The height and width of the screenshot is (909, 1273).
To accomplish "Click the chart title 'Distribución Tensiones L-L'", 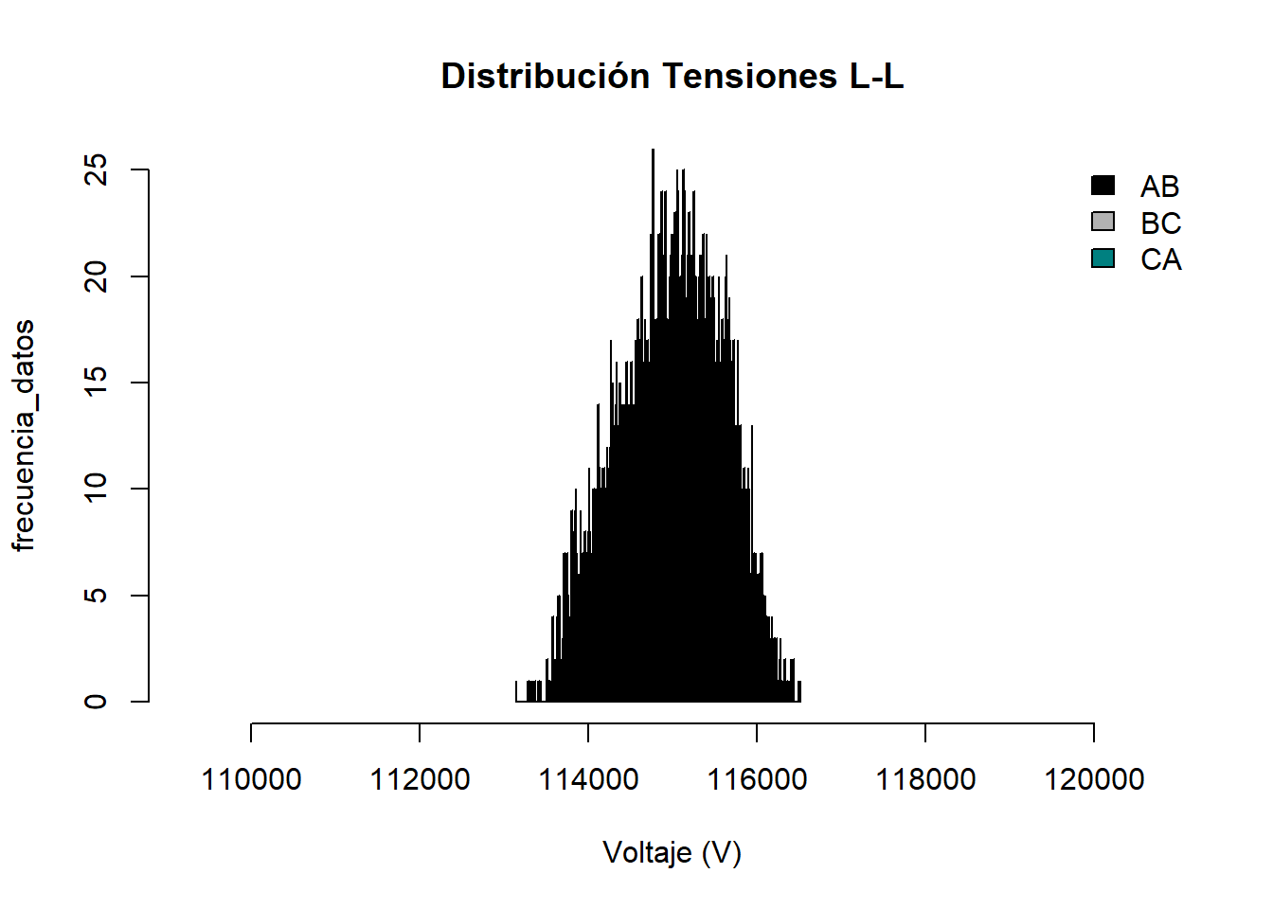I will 672,76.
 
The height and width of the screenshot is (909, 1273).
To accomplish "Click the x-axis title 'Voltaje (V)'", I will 672,852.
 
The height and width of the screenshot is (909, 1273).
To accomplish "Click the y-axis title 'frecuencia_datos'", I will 24,436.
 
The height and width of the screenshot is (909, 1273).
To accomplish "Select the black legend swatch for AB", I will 1103,186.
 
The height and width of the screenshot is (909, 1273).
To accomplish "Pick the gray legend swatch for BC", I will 1103,222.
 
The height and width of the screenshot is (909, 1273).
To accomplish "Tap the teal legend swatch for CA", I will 1103,258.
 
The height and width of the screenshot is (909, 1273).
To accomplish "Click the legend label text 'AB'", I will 1159,187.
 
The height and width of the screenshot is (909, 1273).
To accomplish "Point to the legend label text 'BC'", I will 1160,223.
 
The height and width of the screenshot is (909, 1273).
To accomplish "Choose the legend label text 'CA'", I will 1160,259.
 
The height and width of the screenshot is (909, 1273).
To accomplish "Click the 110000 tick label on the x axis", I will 251,779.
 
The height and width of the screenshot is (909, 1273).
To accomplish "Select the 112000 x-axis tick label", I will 420,779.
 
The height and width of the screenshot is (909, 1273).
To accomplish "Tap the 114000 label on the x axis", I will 588,779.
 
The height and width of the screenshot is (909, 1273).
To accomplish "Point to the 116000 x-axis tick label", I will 757,779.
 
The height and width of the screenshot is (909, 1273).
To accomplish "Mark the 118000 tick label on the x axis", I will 925,779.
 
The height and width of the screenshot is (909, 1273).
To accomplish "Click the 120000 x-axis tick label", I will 1094,779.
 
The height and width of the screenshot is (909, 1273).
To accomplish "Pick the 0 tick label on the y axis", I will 96,702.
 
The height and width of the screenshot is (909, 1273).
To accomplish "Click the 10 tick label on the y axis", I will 96,489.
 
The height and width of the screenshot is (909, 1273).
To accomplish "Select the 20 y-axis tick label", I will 96,276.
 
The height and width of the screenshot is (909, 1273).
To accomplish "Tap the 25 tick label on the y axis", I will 96,170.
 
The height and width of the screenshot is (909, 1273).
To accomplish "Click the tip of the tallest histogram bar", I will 653,151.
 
